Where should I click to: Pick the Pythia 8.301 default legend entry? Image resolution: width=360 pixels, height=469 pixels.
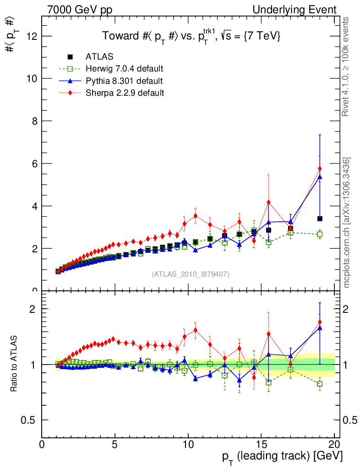124,81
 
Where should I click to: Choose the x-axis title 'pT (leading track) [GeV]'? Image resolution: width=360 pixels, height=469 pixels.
282,456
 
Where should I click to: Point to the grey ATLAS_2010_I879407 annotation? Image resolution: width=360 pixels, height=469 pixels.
191,274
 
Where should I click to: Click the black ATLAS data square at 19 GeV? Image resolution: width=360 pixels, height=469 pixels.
320,218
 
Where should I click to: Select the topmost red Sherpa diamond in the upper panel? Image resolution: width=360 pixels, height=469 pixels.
320,169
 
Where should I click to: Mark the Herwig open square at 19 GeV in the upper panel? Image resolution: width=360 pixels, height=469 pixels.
320,234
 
